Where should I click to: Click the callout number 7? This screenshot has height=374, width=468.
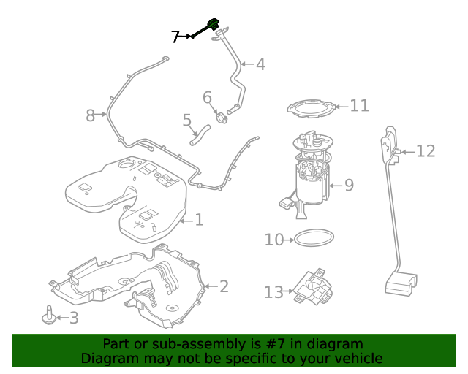pos(175,37)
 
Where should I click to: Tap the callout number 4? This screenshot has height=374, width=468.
pos(260,64)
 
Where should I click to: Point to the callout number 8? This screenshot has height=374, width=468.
pos(91,115)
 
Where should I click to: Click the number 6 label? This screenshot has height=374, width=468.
pos(207,98)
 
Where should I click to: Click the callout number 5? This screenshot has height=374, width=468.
pos(187,120)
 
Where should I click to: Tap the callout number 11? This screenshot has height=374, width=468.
pos(359,106)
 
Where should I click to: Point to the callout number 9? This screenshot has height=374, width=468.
pos(349,186)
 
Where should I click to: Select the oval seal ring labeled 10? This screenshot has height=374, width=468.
pos(314,237)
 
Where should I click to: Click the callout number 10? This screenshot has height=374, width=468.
pos(273,240)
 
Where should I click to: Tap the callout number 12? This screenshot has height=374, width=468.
pos(426,151)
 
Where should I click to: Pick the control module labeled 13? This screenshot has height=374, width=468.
pos(312,286)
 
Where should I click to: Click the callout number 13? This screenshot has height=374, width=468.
pos(273,293)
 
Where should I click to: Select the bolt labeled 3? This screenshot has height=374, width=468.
pos(49,315)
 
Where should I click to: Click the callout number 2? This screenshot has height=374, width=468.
pos(224,286)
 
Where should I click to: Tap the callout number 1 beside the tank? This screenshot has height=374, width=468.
pos(199,219)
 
